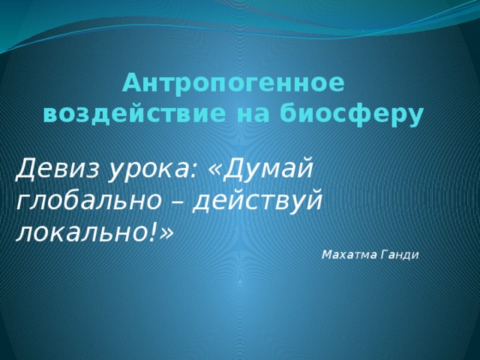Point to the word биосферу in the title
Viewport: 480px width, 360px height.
click(352, 115)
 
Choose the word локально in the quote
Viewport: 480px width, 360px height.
click(82, 231)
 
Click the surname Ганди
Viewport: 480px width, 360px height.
click(400, 255)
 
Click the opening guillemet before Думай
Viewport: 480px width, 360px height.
click(214, 172)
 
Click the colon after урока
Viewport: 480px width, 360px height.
click(192, 172)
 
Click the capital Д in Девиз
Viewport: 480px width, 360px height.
click(25, 169)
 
